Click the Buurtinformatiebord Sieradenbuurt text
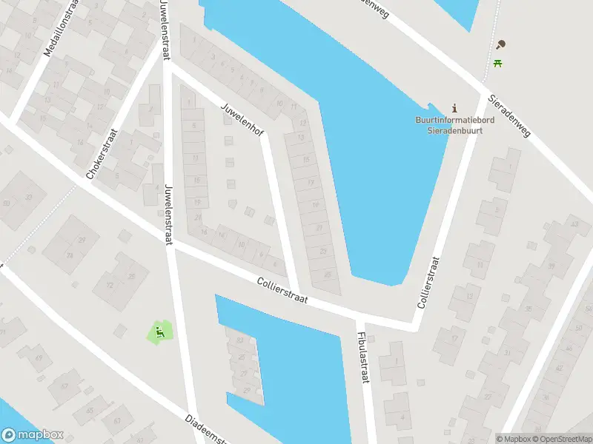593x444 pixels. click(454, 124)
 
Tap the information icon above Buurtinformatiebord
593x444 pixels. click(454, 108)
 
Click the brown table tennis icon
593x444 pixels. click(502, 45)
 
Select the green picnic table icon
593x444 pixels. click(499, 64)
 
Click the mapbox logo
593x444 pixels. click(33, 435)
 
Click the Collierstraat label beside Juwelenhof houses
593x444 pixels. click(282, 289)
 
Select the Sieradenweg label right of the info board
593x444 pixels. click(510, 116)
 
